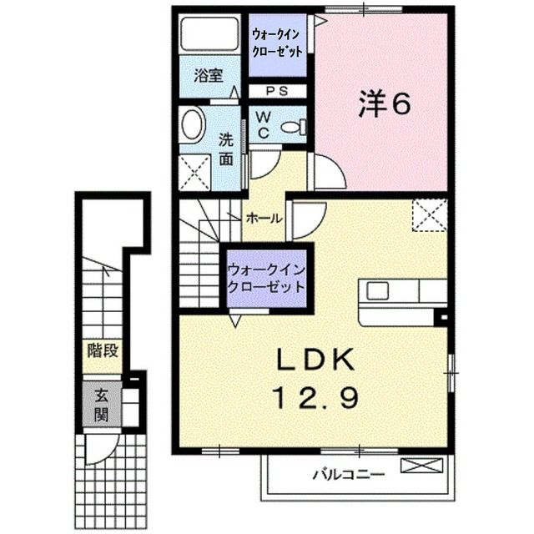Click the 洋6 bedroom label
[x=384, y=103]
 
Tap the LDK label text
[x=315, y=360]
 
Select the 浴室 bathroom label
[x=209, y=76]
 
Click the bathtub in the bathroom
[x=209, y=34]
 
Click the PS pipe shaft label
[x=277, y=91]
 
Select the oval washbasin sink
[x=193, y=123]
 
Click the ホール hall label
[x=264, y=218]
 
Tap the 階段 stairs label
[x=103, y=350]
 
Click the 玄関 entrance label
[x=102, y=406]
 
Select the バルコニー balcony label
[x=349, y=474]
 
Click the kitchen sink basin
[x=377, y=291]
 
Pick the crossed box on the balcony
[x=421, y=466]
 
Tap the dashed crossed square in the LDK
[x=430, y=215]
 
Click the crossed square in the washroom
[x=194, y=172]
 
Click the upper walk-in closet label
[x=277, y=43]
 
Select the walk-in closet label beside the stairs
[x=266, y=279]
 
